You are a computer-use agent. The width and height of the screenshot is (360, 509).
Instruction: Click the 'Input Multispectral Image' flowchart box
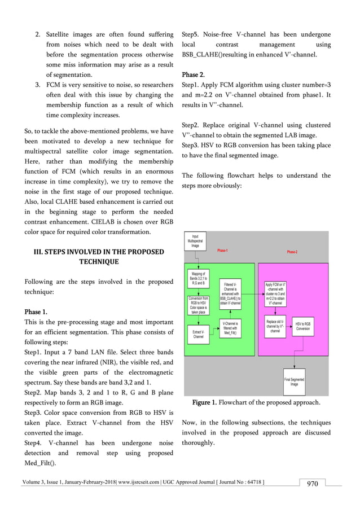coord(195,242)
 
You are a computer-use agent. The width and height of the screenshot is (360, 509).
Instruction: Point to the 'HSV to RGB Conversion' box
coord(303,327)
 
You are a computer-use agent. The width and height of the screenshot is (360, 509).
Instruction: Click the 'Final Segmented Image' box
coord(294,382)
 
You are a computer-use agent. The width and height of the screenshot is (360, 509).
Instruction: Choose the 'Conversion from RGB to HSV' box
coord(198,305)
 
